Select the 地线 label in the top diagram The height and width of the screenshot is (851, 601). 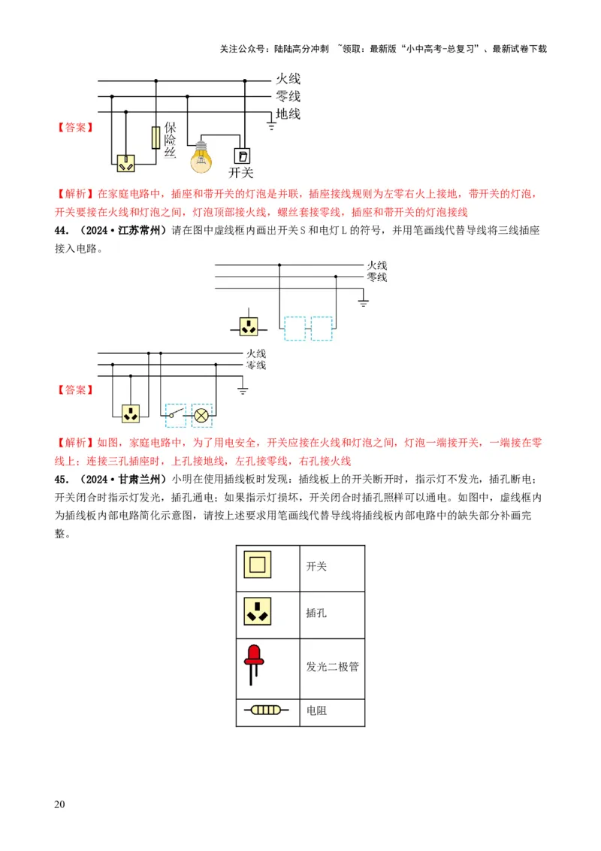[288, 114]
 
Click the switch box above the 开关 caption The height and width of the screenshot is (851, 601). [243, 156]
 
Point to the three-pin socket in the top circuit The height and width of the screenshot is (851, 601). [125, 163]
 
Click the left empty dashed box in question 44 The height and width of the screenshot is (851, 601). [294, 329]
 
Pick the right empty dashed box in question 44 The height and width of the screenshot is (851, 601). [322, 329]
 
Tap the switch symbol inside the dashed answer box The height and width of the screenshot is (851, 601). [175, 414]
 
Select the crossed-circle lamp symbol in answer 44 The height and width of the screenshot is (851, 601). [201, 414]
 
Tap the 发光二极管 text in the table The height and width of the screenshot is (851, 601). [332, 667]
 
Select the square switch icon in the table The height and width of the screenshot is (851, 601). [257, 565]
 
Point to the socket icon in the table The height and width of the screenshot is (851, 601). [257, 613]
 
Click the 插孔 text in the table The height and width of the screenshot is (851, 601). [317, 613]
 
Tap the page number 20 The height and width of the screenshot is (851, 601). [60, 805]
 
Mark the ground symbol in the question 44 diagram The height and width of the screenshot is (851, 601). [364, 302]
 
